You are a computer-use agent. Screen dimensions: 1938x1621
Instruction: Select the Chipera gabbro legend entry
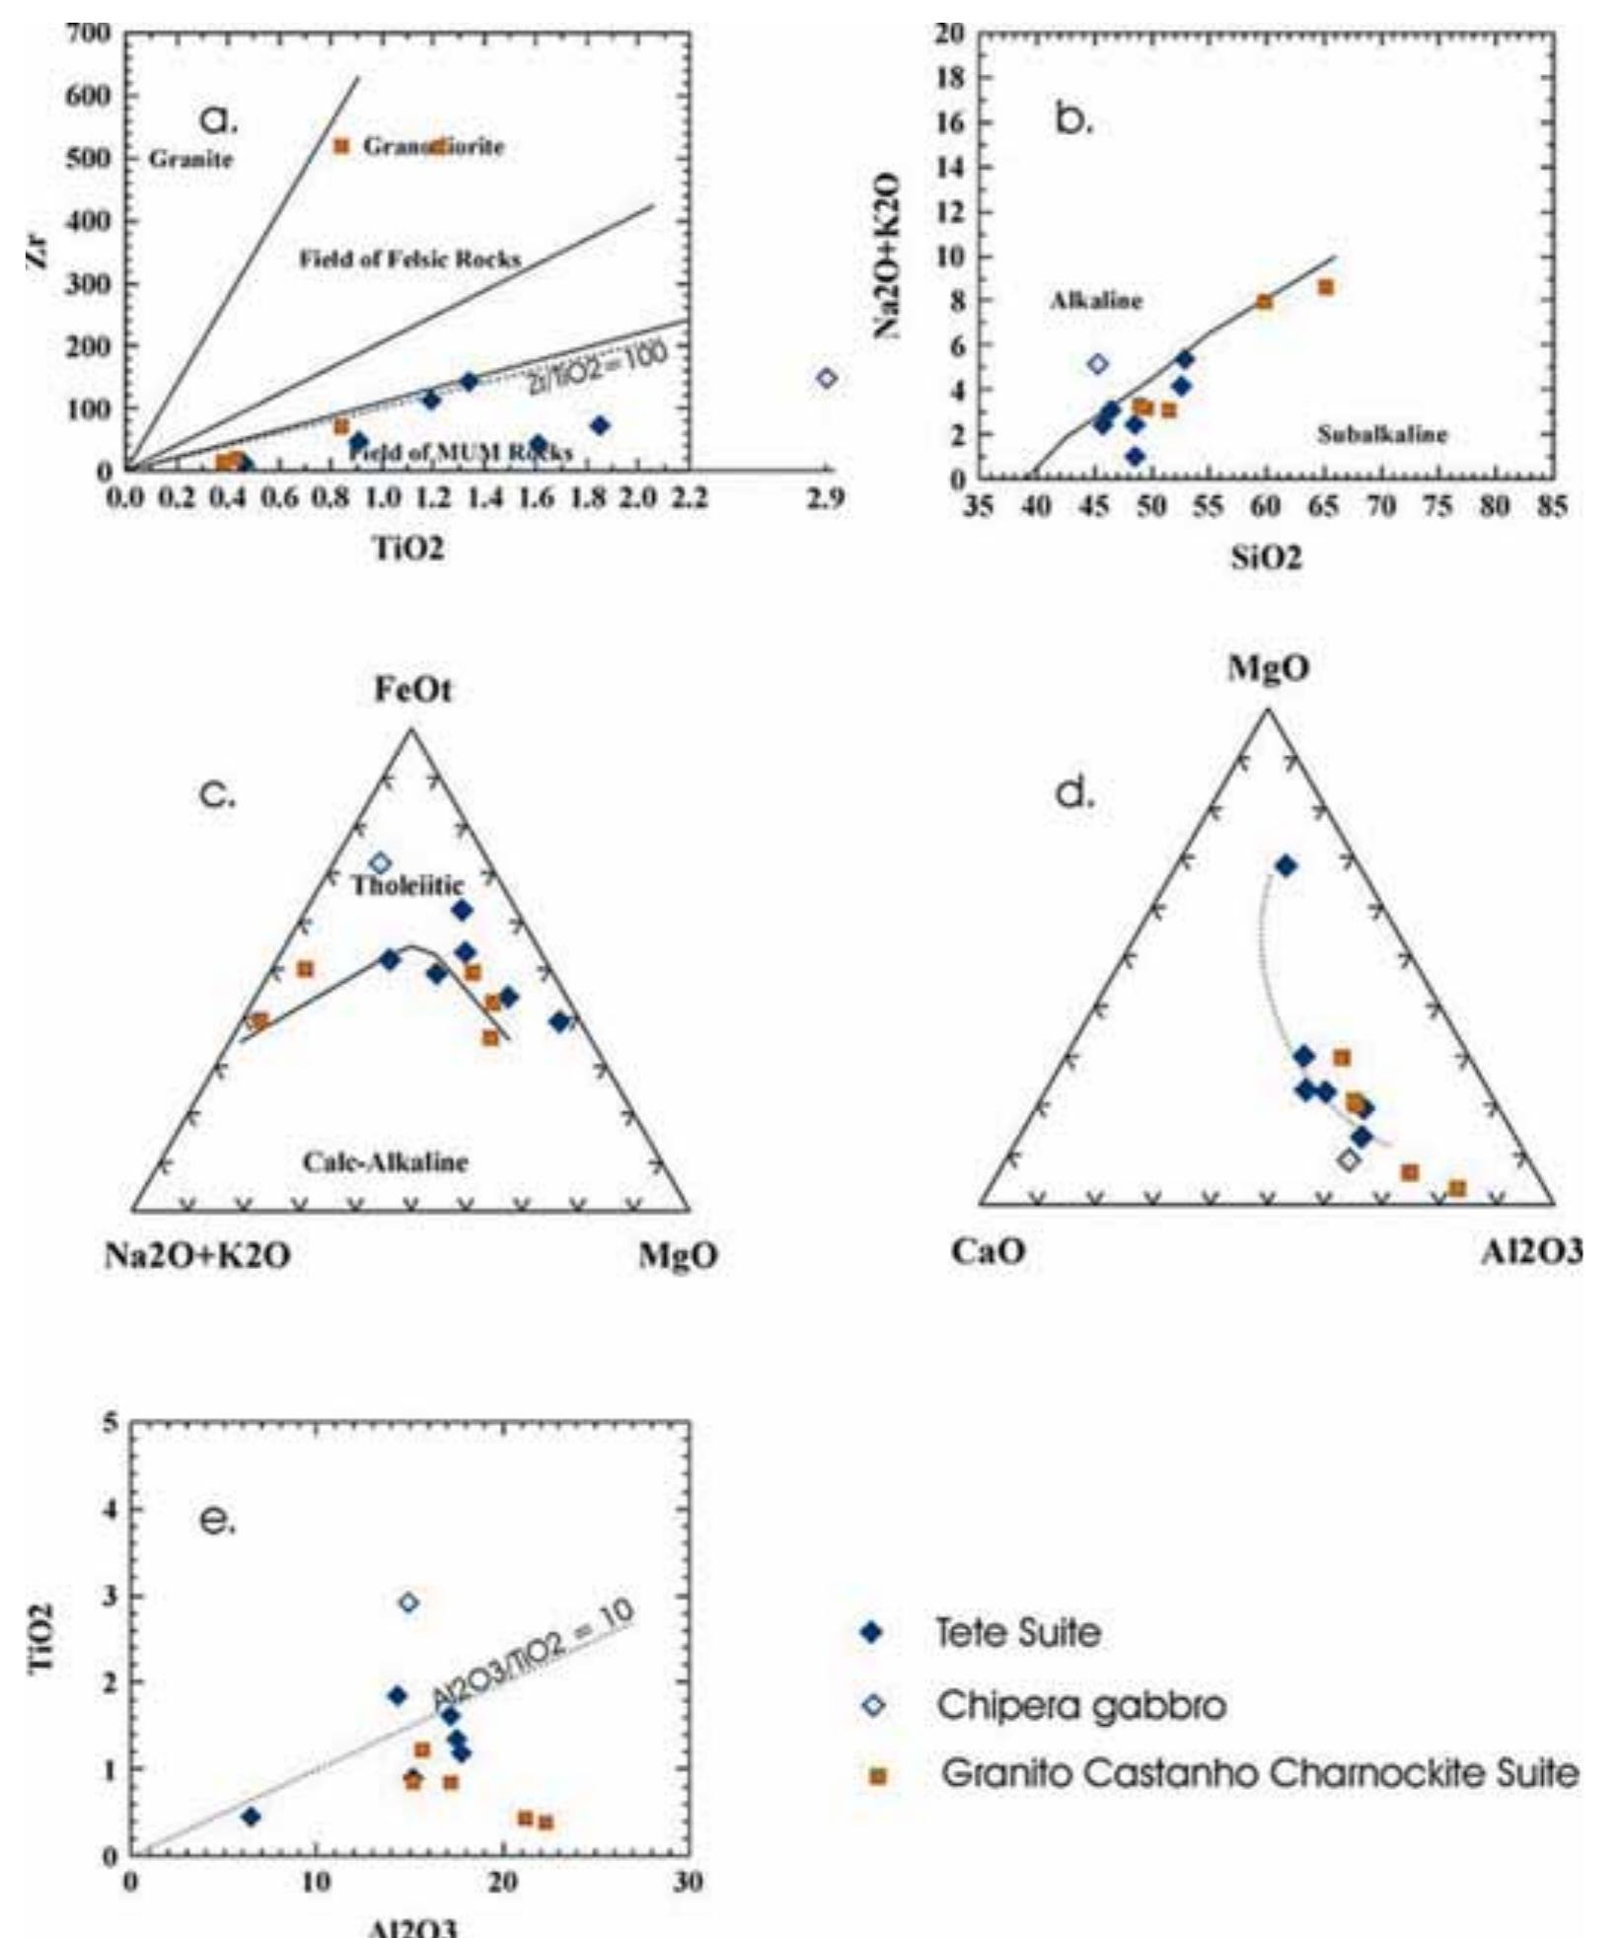click(x=1080, y=1705)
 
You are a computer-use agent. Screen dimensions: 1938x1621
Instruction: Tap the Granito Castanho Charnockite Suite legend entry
click(x=1259, y=1774)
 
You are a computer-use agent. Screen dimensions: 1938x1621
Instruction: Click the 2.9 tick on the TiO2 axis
click(x=825, y=499)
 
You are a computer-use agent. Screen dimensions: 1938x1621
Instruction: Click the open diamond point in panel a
click(x=827, y=378)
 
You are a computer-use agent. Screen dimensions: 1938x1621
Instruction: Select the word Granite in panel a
click(x=190, y=159)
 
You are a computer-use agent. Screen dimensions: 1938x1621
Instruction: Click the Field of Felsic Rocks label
click(x=409, y=260)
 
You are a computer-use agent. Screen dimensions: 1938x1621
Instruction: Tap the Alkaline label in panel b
click(x=1096, y=301)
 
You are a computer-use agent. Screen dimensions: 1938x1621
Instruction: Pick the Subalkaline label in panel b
click(x=1382, y=434)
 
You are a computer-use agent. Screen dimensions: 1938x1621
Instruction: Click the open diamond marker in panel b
click(x=1097, y=364)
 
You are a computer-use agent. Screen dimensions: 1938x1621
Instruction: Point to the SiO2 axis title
click(x=1266, y=558)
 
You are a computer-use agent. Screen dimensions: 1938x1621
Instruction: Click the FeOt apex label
click(x=412, y=690)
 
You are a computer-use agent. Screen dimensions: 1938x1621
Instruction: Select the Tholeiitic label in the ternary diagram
click(x=407, y=884)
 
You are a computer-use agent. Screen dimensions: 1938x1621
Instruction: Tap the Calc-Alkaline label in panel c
click(x=385, y=1161)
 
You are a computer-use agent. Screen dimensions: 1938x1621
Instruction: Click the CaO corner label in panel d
click(x=989, y=1251)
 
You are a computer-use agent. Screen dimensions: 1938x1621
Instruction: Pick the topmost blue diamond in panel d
click(x=1286, y=866)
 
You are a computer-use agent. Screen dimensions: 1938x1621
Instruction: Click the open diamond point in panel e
click(x=408, y=1603)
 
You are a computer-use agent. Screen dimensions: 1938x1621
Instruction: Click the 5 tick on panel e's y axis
click(x=111, y=1423)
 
